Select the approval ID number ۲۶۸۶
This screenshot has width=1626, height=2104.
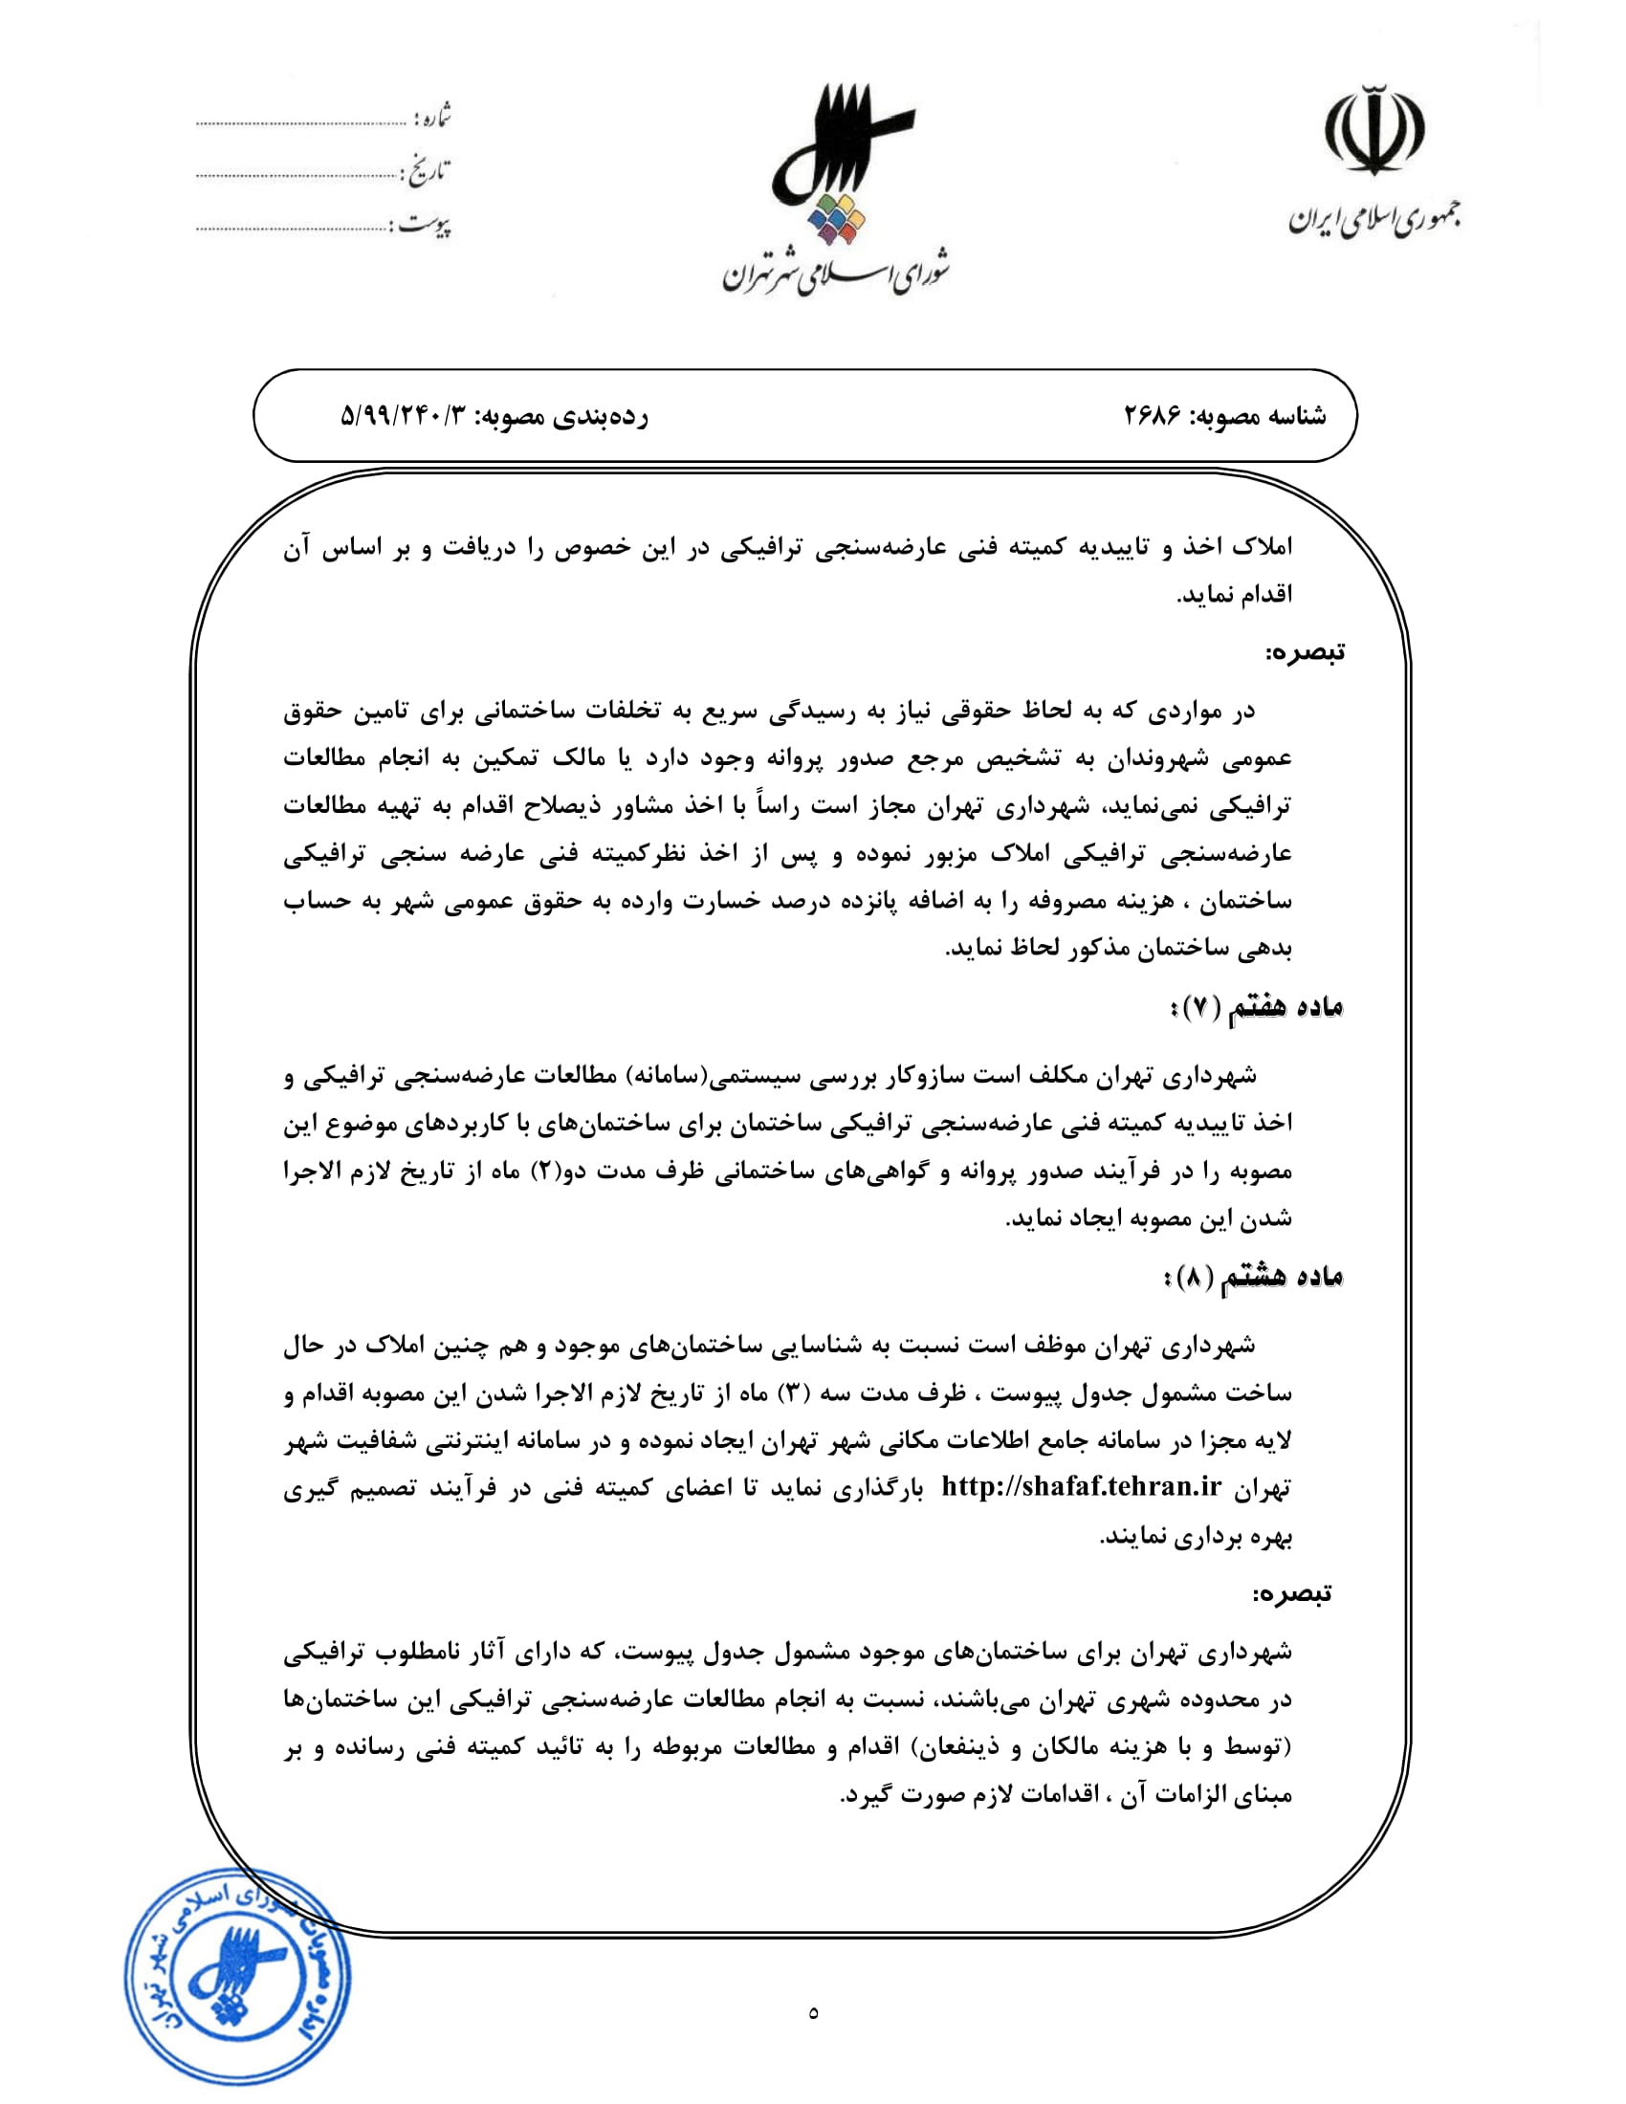(1153, 416)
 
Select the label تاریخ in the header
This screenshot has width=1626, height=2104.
(428, 171)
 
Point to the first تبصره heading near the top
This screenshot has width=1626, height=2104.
(1305, 652)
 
